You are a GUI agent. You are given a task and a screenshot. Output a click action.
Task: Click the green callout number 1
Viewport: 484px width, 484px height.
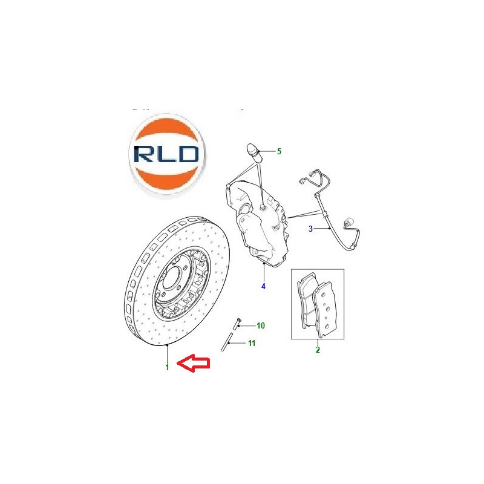(168, 367)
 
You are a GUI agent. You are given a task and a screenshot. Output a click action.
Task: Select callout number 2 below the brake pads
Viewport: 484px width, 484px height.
(318, 350)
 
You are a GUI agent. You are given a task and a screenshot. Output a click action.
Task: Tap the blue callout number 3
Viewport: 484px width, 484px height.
(310, 229)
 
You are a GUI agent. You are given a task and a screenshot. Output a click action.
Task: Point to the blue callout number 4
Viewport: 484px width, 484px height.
(263, 286)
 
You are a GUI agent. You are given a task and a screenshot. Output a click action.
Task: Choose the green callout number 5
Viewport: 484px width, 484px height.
(279, 151)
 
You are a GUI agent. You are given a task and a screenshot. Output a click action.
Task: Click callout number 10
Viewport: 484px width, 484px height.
(261, 325)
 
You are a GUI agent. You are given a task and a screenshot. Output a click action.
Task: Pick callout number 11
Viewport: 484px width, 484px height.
(252, 343)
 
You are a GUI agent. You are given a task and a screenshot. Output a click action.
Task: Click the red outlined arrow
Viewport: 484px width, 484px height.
(194, 363)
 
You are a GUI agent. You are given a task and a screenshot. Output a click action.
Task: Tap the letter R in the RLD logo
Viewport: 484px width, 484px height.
(144, 154)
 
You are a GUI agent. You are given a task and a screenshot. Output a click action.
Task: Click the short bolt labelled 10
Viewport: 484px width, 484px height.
(237, 324)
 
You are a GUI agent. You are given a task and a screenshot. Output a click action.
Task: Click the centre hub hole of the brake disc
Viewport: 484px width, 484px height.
(171, 278)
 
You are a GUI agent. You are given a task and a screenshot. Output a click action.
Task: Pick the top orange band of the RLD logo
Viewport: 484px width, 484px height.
(168, 130)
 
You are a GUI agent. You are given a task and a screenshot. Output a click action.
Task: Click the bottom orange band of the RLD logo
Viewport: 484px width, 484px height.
(167, 180)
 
